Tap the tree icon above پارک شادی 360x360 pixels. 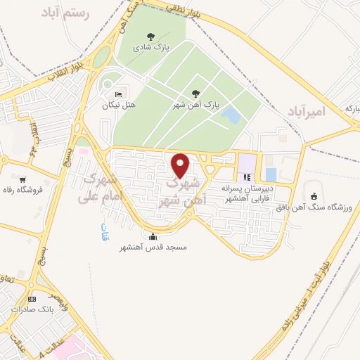pos(150,37)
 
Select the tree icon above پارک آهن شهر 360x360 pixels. pos(195,94)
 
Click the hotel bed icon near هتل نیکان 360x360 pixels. pos(118,94)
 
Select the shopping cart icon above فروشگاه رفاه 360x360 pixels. pos(24,179)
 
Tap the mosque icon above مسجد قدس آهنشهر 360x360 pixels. pos(153,236)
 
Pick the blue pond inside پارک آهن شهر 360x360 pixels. pos(231,115)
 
